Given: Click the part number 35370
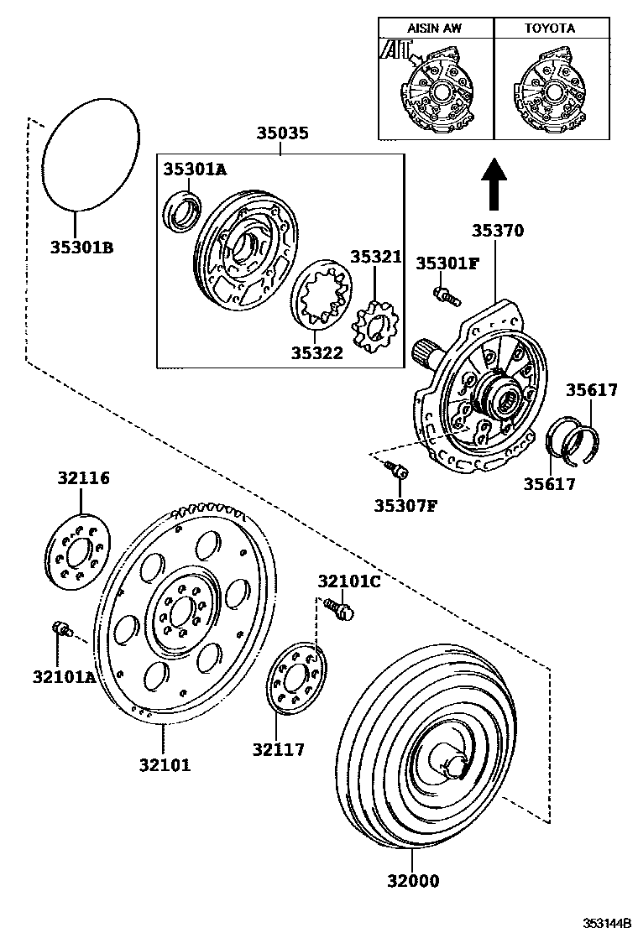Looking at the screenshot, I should tap(497, 231).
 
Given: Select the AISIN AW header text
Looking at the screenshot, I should tap(434, 29).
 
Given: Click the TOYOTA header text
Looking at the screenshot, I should tap(550, 29).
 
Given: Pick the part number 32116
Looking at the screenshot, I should tap(83, 479).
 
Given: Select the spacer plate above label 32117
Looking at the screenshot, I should tap(295, 680).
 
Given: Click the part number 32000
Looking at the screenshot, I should tap(412, 881).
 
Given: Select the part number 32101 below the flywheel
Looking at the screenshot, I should tap(165, 765).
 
